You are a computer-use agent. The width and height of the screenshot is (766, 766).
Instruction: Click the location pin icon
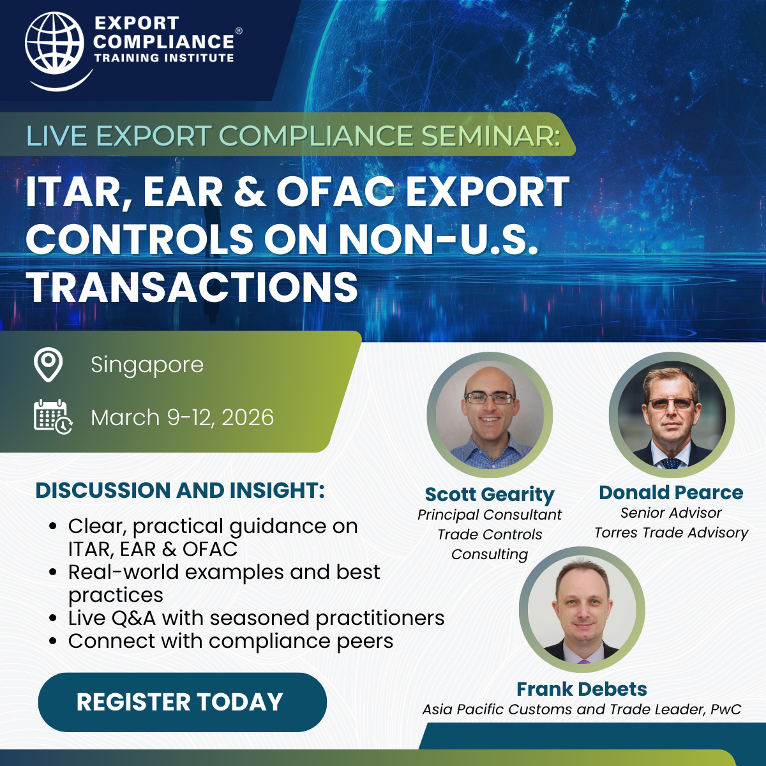pos(48,364)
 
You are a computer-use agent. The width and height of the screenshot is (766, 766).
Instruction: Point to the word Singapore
pos(147,365)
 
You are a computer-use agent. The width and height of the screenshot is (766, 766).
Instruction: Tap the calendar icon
pos(53,417)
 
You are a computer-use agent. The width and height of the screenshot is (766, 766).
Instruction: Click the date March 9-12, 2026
pos(183,417)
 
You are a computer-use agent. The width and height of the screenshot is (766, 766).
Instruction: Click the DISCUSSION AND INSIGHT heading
pos(180,490)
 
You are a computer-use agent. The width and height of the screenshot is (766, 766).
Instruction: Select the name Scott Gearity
pos(490,495)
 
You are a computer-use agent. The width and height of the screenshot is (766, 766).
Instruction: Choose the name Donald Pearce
pos(671,493)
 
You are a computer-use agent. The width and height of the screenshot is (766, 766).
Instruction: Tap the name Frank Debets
pos(582,689)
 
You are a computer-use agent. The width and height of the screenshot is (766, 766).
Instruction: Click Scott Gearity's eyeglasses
pos(490,398)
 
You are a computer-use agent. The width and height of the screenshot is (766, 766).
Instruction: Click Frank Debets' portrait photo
pos(582,610)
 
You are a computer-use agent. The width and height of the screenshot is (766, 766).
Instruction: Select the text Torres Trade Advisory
pos(671,533)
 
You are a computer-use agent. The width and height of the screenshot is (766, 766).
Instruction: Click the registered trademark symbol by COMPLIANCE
pos(239,31)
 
